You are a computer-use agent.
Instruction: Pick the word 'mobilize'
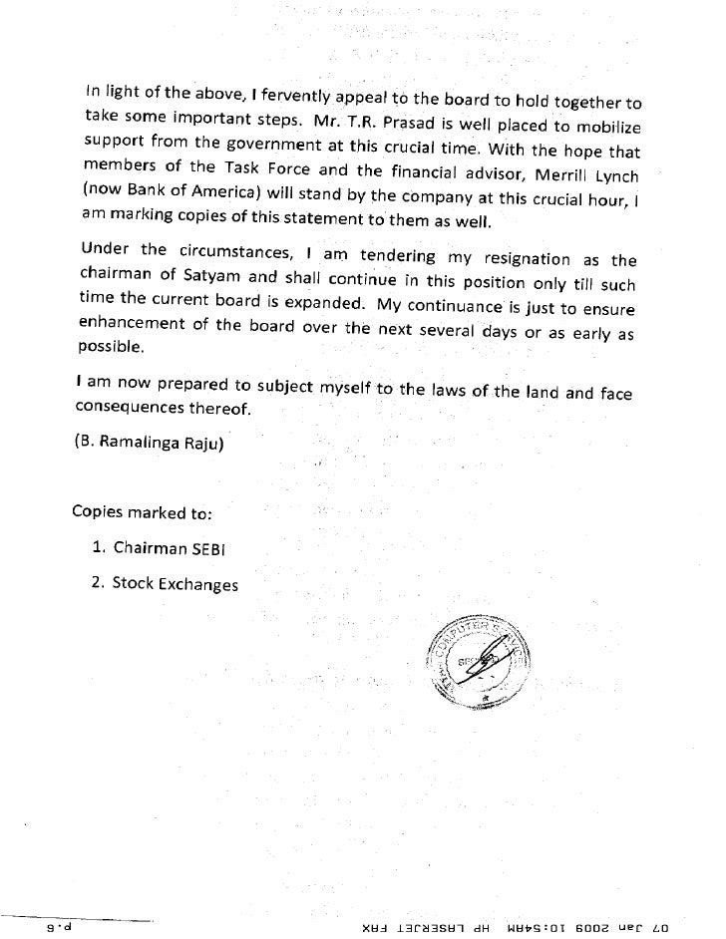(x=607, y=131)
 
